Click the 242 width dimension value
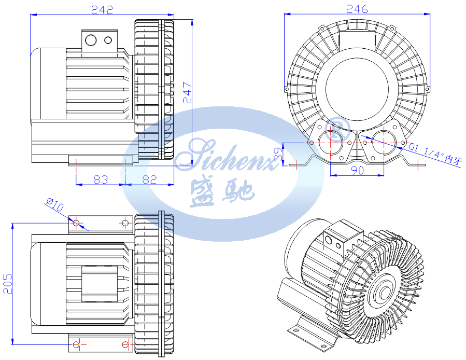[102, 10]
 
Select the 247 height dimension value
[187, 92]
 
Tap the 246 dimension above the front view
[357, 9]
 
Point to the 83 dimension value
[101, 179]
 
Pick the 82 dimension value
[149, 179]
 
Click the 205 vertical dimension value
[7, 284]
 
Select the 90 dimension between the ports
[357, 170]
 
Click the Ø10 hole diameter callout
[54, 204]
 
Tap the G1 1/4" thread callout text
[436, 153]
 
